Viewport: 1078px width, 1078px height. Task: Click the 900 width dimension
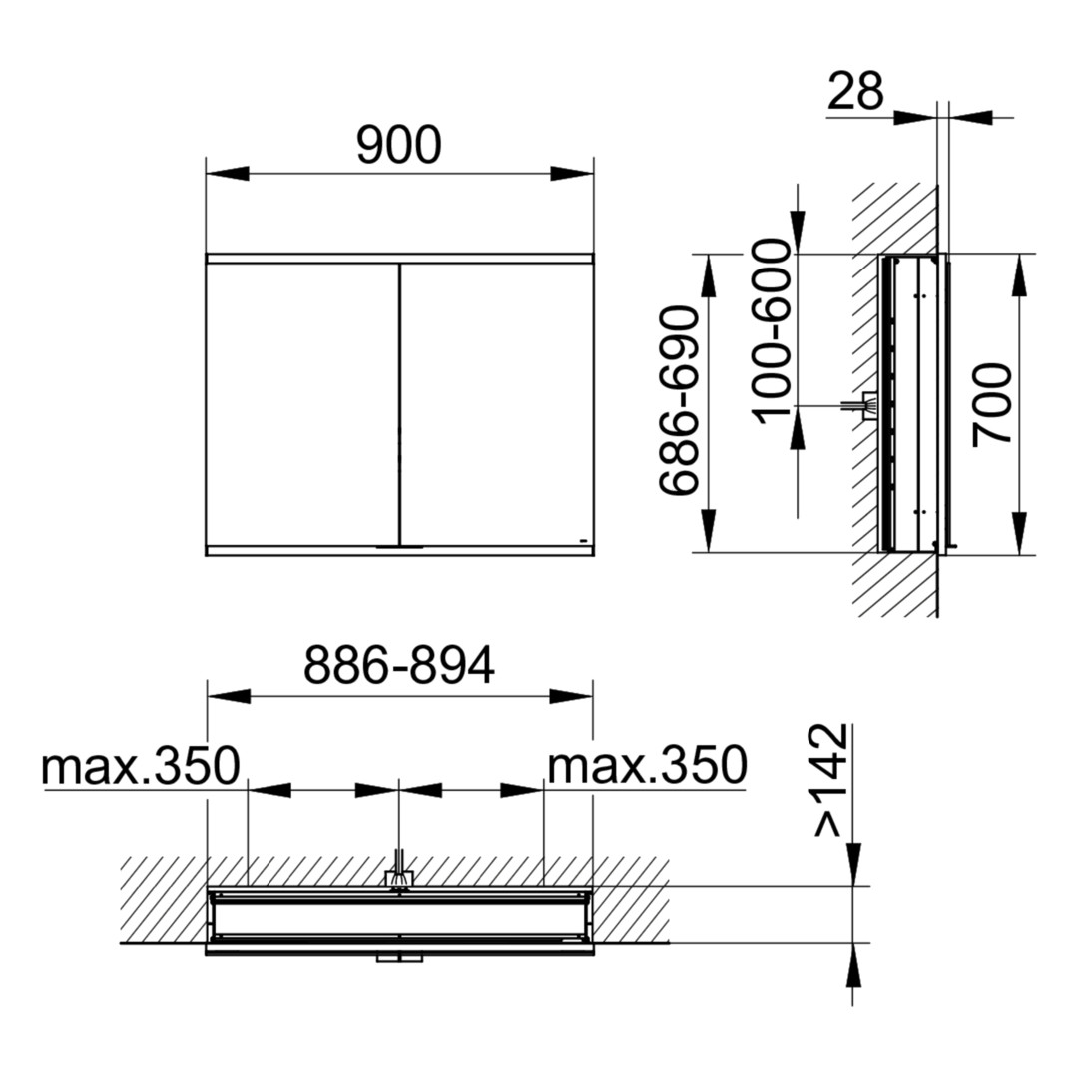(398, 145)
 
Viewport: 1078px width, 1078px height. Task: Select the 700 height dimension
(992, 404)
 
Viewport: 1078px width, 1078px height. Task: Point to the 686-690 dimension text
(679, 401)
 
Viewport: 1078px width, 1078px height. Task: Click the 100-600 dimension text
(771, 331)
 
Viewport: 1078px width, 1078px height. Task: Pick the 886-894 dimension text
(398, 665)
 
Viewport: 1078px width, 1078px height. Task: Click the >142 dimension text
(830, 781)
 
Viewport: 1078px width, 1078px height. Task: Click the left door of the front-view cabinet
(302, 404)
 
